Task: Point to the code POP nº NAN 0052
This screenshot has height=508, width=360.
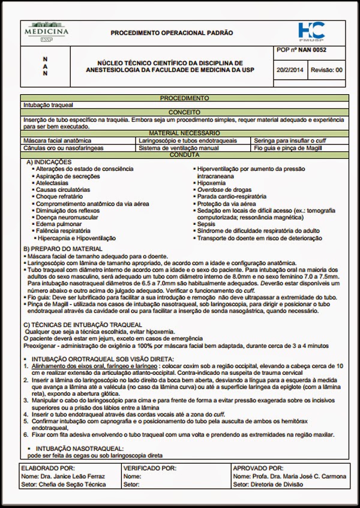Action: pos(302,51)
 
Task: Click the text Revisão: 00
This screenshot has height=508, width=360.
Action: pos(328,70)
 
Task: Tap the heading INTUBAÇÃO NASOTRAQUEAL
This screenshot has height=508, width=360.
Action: pos(79,448)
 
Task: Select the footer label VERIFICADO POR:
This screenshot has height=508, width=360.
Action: pos(149,468)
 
